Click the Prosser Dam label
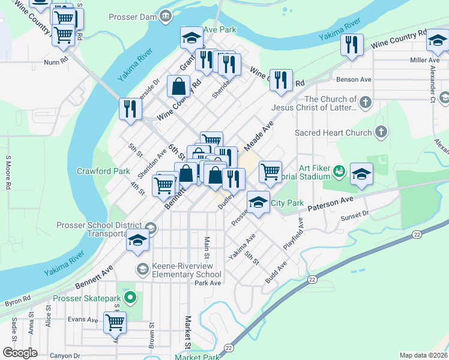(133, 17)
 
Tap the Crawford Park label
(103, 171)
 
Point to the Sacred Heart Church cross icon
(380, 132)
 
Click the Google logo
(20, 353)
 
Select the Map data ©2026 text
(423, 355)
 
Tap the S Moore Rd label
(8, 173)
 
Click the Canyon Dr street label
(65, 356)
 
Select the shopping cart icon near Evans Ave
(115, 322)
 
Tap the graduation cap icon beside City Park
(258, 202)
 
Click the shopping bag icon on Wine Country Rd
(179, 86)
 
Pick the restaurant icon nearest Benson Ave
(281, 80)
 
